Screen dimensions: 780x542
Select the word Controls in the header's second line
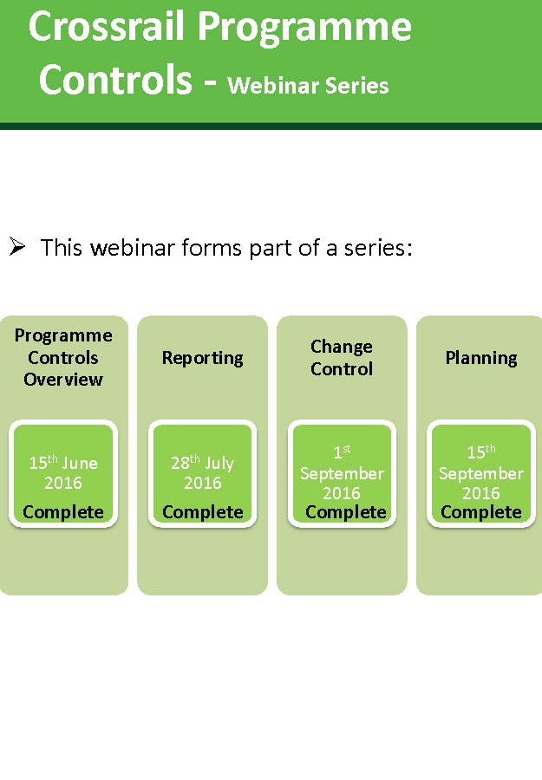(x=115, y=80)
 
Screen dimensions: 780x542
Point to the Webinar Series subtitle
(x=308, y=85)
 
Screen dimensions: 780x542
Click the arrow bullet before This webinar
(x=17, y=248)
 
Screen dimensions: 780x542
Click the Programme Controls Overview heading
(x=63, y=357)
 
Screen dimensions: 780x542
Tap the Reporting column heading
(x=202, y=358)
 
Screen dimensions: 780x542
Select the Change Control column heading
(x=342, y=357)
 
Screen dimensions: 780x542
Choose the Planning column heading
(x=481, y=358)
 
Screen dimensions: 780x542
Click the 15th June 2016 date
(x=63, y=472)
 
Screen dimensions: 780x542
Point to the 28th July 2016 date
(x=202, y=472)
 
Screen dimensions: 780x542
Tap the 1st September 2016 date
(x=342, y=473)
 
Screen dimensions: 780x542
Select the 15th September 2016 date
(x=481, y=473)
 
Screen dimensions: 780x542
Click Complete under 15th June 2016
(x=63, y=512)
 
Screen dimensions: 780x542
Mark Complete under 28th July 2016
(x=202, y=512)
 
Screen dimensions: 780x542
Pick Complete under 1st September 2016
(x=345, y=512)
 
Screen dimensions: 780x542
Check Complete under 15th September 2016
(x=481, y=512)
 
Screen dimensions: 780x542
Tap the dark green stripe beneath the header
(x=271, y=127)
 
